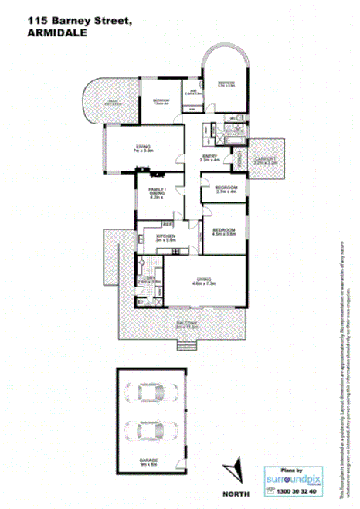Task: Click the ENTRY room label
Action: [209, 158]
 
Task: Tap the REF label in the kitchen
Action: [166, 224]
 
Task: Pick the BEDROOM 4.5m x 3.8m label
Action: [224, 232]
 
